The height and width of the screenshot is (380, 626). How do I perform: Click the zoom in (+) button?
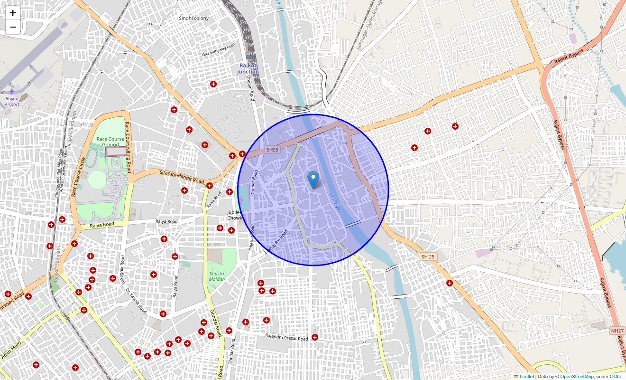pyautogui.click(x=13, y=13)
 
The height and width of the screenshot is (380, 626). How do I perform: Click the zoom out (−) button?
pyautogui.click(x=13, y=27)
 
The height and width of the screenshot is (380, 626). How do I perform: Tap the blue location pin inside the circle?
pyautogui.click(x=313, y=180)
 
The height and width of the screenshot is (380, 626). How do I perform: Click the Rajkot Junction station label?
pyautogui.click(x=248, y=68)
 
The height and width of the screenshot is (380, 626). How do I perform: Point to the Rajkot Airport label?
pyautogui.click(x=12, y=101)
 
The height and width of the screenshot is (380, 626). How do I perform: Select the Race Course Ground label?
pyautogui.click(x=110, y=142)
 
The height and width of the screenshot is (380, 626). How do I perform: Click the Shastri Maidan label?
pyautogui.click(x=217, y=276)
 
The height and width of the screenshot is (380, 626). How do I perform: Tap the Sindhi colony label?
pyautogui.click(x=193, y=18)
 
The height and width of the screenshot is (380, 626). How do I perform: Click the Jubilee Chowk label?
pyautogui.click(x=234, y=215)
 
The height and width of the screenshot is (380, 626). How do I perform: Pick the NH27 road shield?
pyautogui.click(x=617, y=330)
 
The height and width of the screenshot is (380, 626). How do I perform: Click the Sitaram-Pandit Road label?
pyautogui.click(x=182, y=177)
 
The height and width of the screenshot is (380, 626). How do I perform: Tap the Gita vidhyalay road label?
pyautogui.click(x=218, y=49)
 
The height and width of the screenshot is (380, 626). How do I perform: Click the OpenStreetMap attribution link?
pyautogui.click(x=577, y=377)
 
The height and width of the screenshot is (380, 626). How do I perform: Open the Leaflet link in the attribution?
pyautogui.click(x=526, y=377)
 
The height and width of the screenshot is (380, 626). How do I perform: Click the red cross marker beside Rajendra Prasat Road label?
pyautogui.click(x=315, y=337)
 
